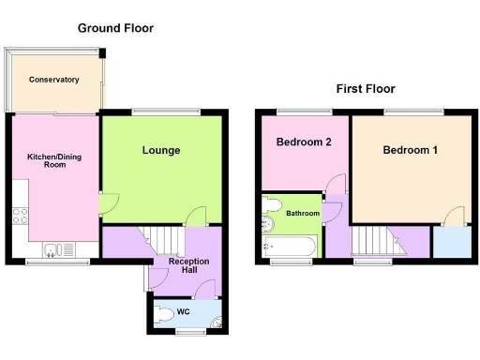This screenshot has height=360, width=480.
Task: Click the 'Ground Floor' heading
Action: (x=116, y=28)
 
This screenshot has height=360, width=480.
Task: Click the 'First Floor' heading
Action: (x=366, y=89)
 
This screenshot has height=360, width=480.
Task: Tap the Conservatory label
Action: (x=53, y=81)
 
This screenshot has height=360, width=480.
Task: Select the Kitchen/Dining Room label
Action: (x=54, y=160)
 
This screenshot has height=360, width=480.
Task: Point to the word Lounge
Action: (x=161, y=150)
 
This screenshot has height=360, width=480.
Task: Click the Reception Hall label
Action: (x=188, y=266)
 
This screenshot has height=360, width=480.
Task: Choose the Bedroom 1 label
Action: (x=410, y=149)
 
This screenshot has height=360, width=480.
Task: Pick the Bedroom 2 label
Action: (x=304, y=142)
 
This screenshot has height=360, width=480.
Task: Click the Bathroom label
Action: (x=303, y=214)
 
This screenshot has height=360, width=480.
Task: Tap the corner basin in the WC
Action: (x=217, y=325)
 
